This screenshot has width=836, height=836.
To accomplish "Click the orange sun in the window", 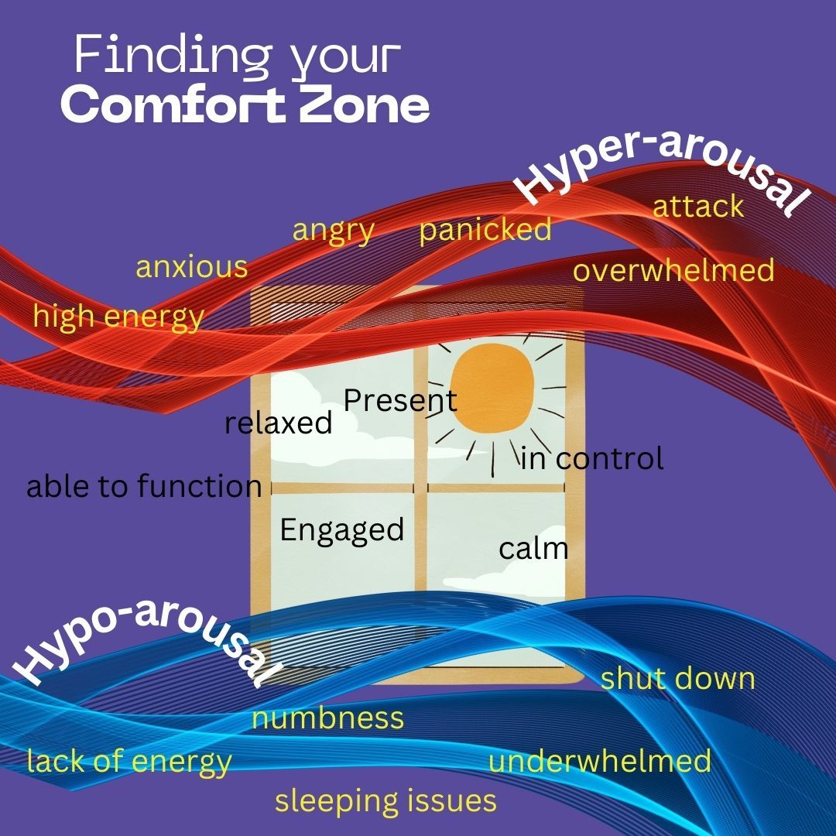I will point(493,389).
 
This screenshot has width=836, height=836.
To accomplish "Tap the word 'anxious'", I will point(192,267).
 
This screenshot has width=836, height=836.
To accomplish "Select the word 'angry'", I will point(334,231).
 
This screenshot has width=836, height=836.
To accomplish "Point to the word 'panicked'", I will point(485,230).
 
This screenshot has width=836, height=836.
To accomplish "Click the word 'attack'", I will point(698,207).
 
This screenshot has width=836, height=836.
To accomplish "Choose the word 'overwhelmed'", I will point(673,270).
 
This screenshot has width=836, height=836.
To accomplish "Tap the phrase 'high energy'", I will point(118,317).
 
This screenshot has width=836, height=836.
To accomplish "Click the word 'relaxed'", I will point(278,423).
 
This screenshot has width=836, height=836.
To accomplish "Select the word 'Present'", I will point(400,401).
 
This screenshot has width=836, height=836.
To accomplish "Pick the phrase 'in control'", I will point(592,458).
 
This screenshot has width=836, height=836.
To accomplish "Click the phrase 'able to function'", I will point(144,487).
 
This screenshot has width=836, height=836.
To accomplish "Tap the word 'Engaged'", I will point(342,530).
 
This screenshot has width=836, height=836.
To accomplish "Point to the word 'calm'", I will point(533,549).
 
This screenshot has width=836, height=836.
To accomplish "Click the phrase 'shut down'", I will point(678,679).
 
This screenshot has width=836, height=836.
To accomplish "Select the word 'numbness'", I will point(328,718).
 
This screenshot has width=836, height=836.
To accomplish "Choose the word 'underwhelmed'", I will point(600,761).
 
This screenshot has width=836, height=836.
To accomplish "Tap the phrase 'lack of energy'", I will point(129,762).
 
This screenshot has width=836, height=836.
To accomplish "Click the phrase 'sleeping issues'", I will point(385,801).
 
